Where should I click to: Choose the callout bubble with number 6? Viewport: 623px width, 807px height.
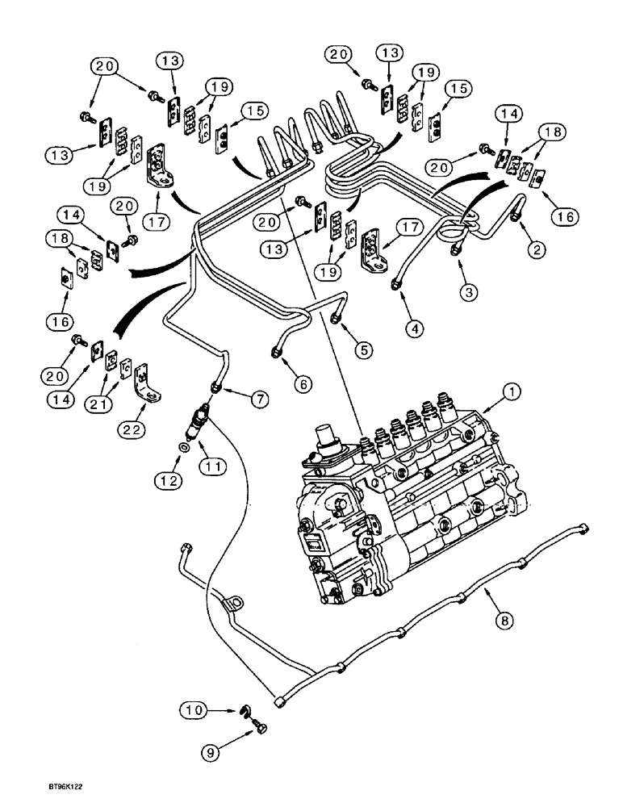pos(303,385)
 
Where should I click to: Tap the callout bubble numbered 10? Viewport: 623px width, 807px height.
pos(190,709)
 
